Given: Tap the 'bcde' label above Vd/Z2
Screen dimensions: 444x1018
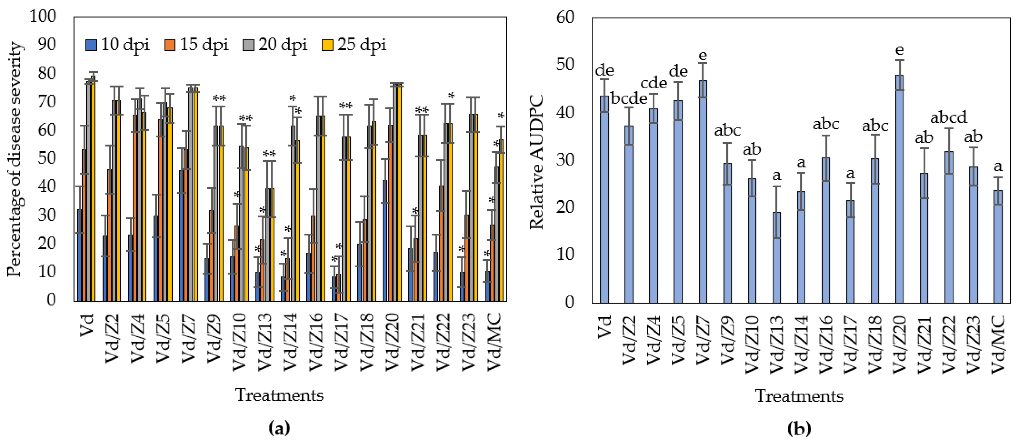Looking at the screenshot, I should pyautogui.click(x=629, y=98).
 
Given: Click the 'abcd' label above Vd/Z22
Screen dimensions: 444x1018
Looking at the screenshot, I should pyautogui.click(x=948, y=117).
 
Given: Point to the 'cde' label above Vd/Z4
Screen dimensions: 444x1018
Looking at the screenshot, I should pyautogui.click(x=654, y=83).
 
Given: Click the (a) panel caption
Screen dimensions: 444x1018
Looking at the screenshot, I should pyautogui.click(x=279, y=428).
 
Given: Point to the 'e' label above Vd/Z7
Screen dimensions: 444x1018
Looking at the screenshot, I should pyautogui.click(x=702, y=56).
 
